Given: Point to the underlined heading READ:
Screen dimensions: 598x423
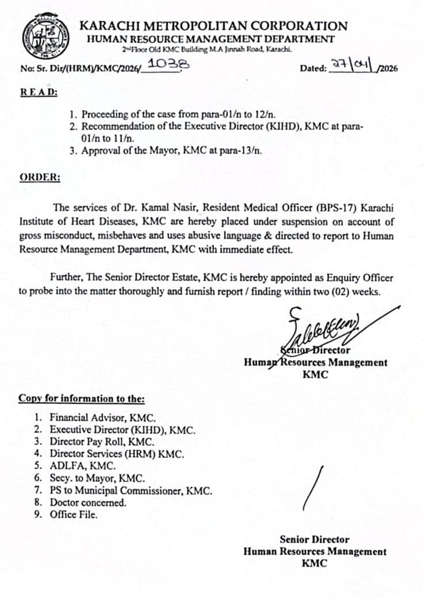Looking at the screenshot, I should (x=39, y=92).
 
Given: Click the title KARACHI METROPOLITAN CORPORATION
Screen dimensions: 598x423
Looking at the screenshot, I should (x=213, y=26).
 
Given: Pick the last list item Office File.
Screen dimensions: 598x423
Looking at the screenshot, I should (x=73, y=515).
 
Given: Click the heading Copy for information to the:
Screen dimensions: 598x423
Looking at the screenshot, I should (x=81, y=398).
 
